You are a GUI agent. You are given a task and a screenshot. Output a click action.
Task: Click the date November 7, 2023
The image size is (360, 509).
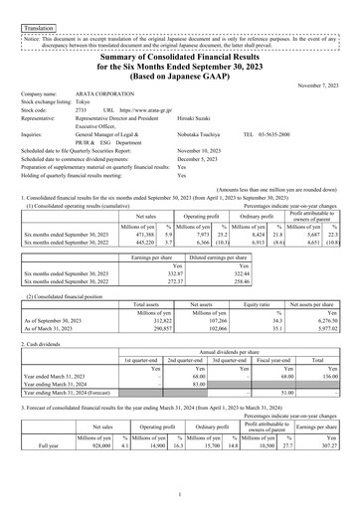click(x=319, y=87)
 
